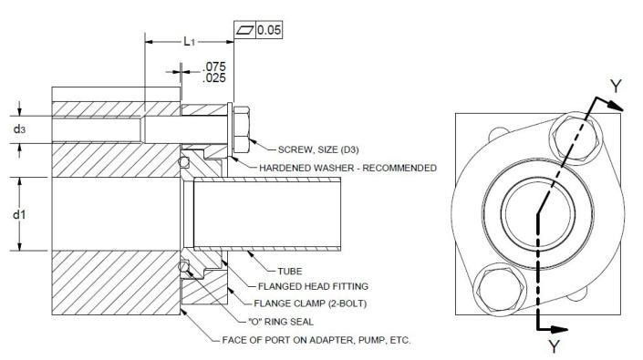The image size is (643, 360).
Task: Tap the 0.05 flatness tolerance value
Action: pyautogui.click(x=269, y=31)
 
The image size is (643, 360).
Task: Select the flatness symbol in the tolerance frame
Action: pyautogui.click(x=244, y=31)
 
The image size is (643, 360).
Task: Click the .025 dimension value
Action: pyautogui.click(x=213, y=79)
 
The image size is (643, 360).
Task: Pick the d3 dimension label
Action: pyautogui.click(x=19, y=129)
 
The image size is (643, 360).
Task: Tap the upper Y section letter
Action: pyautogui.click(x=617, y=87)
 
